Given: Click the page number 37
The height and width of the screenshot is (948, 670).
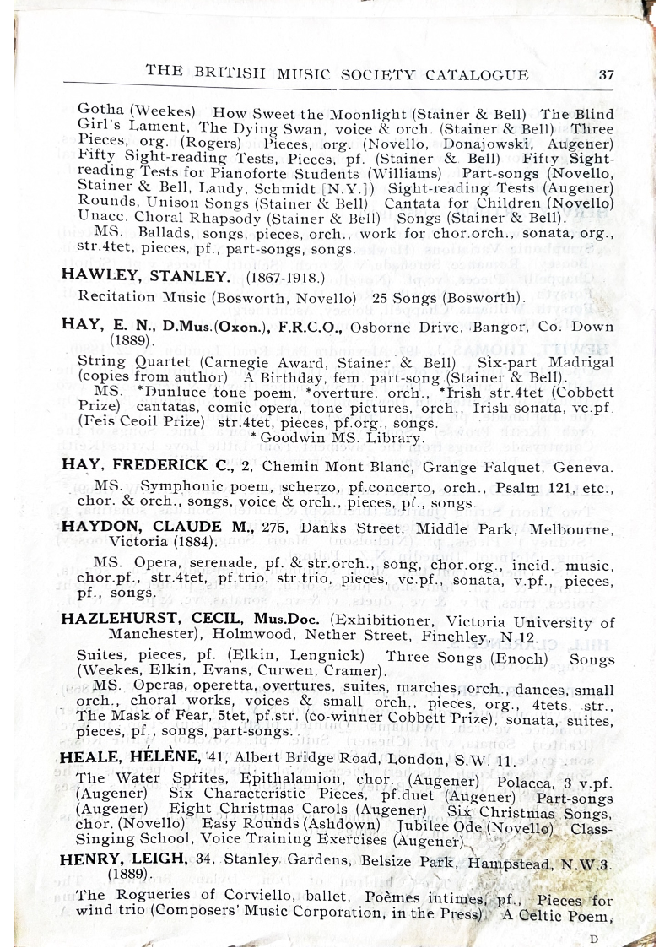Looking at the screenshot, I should coord(606,74).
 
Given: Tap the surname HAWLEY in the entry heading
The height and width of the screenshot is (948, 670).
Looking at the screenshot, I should coord(93,275).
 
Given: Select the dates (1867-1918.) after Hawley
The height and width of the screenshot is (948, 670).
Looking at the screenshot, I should coord(286,276).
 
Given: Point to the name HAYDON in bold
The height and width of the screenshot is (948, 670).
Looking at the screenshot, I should coord(95,526).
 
